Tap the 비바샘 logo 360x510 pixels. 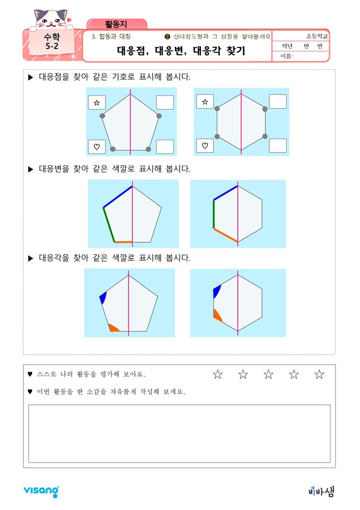point(321,491)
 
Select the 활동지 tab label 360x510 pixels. point(116,24)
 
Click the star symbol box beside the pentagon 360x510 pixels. point(97,103)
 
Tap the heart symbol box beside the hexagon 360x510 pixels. point(205,145)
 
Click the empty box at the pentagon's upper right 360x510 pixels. point(165,102)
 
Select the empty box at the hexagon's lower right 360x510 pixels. point(278,145)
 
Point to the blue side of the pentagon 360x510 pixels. point(118,196)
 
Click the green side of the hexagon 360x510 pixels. point(214,214)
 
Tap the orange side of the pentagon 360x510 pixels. point(123,242)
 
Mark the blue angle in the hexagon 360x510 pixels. point(217,291)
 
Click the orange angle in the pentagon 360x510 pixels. point(114,328)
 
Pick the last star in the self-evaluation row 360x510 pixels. point(319,374)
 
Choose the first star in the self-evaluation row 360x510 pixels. point(218,374)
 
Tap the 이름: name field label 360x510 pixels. point(287,56)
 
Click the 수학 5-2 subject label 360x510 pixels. point(52,41)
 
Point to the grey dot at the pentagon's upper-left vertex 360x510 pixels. point(102,116)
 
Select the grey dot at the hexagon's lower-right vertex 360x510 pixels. point(265,136)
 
